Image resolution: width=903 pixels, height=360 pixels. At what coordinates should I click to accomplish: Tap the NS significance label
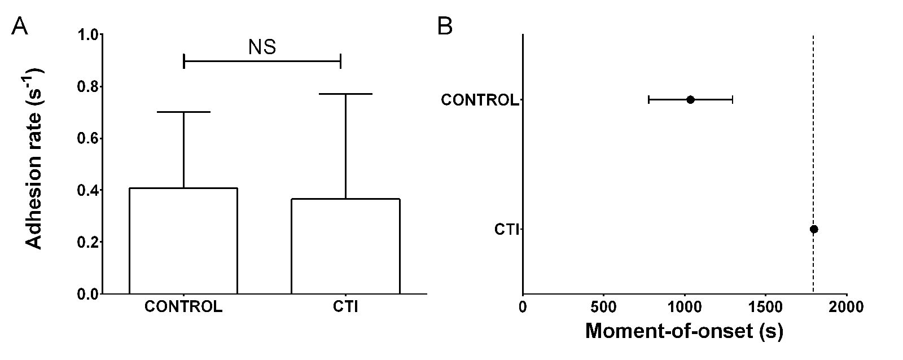[262, 47]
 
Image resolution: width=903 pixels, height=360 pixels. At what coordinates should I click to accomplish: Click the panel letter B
[445, 26]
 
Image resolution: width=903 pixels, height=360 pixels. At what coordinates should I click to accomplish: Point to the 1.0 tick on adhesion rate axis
[90, 35]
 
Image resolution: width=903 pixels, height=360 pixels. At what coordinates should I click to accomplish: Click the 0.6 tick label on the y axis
[90, 139]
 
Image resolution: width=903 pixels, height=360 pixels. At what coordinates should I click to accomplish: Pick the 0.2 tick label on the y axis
[90, 243]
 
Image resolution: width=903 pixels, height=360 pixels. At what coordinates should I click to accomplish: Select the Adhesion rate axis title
[35, 158]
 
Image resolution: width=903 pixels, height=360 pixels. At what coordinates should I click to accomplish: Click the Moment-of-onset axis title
[684, 331]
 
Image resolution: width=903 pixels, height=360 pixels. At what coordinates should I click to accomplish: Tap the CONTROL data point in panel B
[690, 100]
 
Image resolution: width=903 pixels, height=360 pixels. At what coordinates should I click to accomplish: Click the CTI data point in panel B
[814, 229]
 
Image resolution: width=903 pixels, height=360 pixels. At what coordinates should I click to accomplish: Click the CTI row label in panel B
[506, 230]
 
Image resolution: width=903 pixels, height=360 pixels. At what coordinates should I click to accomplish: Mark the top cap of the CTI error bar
[345, 94]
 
